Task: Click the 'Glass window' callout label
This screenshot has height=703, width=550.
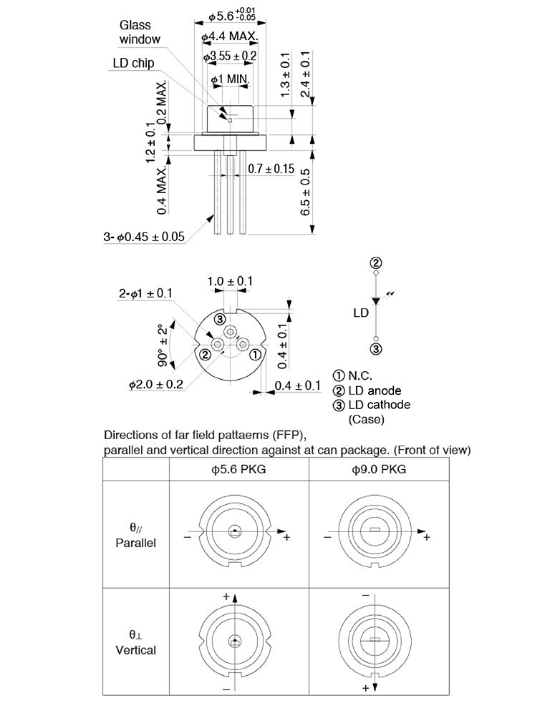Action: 140,32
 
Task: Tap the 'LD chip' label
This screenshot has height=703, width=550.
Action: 133,64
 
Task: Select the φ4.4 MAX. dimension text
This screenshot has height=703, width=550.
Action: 229,36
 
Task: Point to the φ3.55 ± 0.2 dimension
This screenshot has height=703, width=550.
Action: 230,56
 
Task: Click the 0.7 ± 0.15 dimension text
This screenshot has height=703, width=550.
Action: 271,169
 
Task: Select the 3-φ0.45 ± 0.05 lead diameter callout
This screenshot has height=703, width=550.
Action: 144,237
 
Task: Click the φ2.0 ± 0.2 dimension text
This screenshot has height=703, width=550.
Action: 156,384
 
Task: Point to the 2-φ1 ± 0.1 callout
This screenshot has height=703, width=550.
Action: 145,293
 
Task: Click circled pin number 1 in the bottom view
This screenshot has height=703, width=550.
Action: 255,353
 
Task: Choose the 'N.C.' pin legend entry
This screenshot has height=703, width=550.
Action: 356,375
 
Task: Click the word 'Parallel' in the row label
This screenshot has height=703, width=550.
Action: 135,543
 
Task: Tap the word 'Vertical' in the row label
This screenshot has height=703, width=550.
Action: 135,650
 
